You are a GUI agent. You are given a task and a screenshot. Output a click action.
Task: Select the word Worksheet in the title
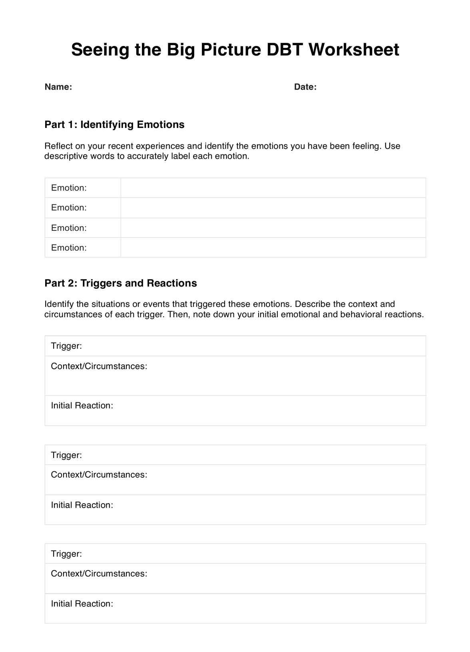click(x=354, y=50)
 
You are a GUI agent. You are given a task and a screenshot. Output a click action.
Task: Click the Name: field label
click(x=58, y=87)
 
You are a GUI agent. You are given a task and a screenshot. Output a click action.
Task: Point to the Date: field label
click(x=305, y=87)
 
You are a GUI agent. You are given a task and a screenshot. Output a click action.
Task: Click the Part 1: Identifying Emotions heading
click(x=114, y=124)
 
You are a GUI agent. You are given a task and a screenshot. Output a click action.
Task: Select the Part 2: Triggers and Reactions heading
click(x=121, y=283)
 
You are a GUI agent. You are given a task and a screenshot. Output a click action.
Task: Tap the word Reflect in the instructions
click(x=58, y=146)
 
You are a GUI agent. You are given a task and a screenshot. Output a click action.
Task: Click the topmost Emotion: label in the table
click(x=69, y=188)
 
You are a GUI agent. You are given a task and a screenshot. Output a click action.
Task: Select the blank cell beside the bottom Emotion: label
click(x=273, y=248)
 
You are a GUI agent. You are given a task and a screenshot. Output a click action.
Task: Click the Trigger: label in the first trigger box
click(x=66, y=346)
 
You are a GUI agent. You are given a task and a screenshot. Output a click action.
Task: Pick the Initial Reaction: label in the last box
click(x=82, y=604)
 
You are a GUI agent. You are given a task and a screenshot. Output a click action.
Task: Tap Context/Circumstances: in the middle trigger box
click(x=99, y=475)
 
